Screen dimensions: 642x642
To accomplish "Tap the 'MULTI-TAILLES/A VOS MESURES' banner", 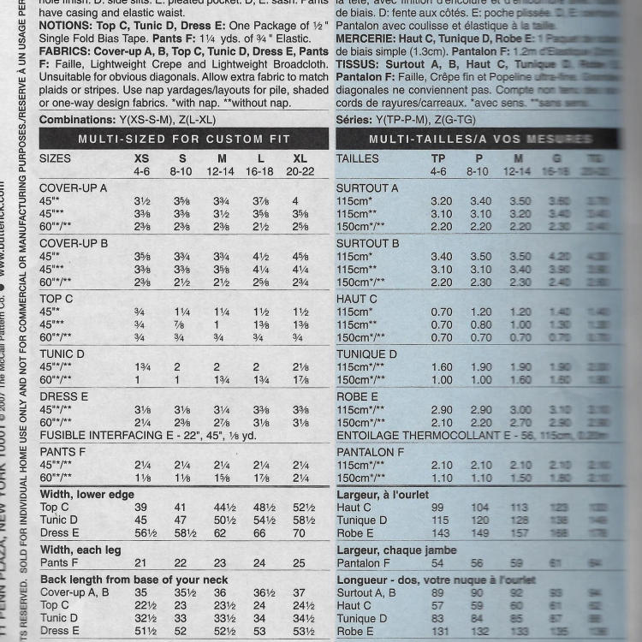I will [473, 138].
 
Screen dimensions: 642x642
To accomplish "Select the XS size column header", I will [141, 158].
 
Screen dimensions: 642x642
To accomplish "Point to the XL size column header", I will [300, 158].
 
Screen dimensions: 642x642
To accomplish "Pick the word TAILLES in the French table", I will [358, 158].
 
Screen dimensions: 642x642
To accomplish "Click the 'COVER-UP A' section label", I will [74, 188].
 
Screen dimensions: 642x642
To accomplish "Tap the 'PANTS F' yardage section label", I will [62, 451].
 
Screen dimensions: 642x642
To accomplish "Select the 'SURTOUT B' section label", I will [367, 243].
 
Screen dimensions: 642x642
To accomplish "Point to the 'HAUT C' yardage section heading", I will [357, 299].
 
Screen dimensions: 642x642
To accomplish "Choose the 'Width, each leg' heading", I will [81, 550].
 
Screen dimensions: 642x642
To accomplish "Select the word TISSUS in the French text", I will [356, 64].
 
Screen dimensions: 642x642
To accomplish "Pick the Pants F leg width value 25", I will [299, 562].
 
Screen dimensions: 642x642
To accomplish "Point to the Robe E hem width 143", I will [437, 532].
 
